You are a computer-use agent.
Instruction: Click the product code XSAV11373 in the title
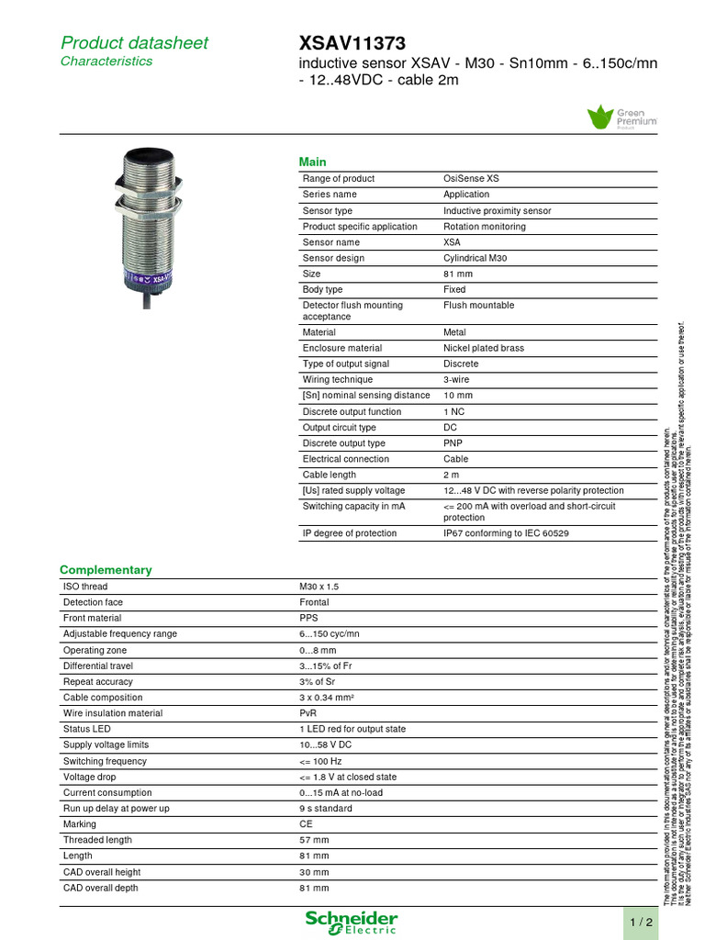click(x=352, y=42)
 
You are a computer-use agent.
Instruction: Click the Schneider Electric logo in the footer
click(x=352, y=922)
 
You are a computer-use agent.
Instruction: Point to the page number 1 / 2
click(x=642, y=921)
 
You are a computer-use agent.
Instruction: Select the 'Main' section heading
click(x=312, y=162)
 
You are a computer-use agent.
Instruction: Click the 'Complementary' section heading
click(x=106, y=569)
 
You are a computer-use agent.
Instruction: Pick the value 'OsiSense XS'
click(x=471, y=179)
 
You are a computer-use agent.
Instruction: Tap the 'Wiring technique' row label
click(x=338, y=380)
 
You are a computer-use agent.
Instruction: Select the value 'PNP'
click(x=453, y=443)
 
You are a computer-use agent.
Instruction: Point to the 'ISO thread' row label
click(x=85, y=587)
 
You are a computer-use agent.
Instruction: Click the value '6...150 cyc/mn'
click(x=330, y=634)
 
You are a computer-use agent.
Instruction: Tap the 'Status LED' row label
click(x=86, y=729)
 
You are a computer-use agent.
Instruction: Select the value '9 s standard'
click(x=326, y=809)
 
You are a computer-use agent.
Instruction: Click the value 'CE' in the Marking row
click(x=307, y=824)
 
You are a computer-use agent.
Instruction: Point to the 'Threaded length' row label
click(x=97, y=840)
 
